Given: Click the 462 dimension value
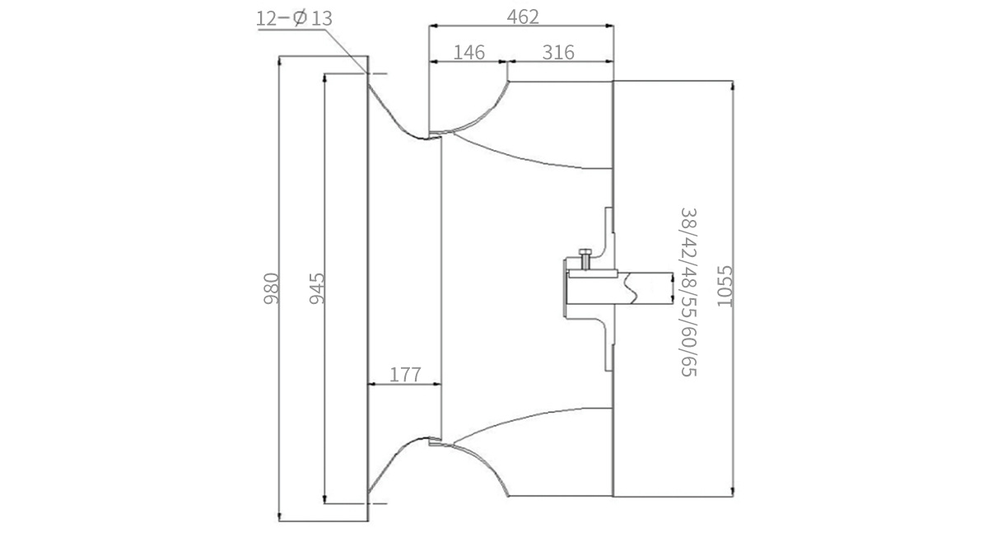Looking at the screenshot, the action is click(x=523, y=16).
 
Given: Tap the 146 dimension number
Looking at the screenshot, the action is click(x=468, y=53).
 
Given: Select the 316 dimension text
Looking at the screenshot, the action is click(x=558, y=53).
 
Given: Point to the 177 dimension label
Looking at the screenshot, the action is click(x=405, y=375).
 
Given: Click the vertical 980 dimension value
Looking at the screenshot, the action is click(x=271, y=288).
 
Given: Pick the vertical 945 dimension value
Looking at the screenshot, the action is click(x=317, y=288).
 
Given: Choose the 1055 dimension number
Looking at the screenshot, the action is click(x=725, y=286).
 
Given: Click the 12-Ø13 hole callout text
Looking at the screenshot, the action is click(x=294, y=18).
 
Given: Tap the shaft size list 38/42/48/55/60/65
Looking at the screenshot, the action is click(x=688, y=292).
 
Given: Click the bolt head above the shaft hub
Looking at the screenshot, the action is click(x=585, y=252).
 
